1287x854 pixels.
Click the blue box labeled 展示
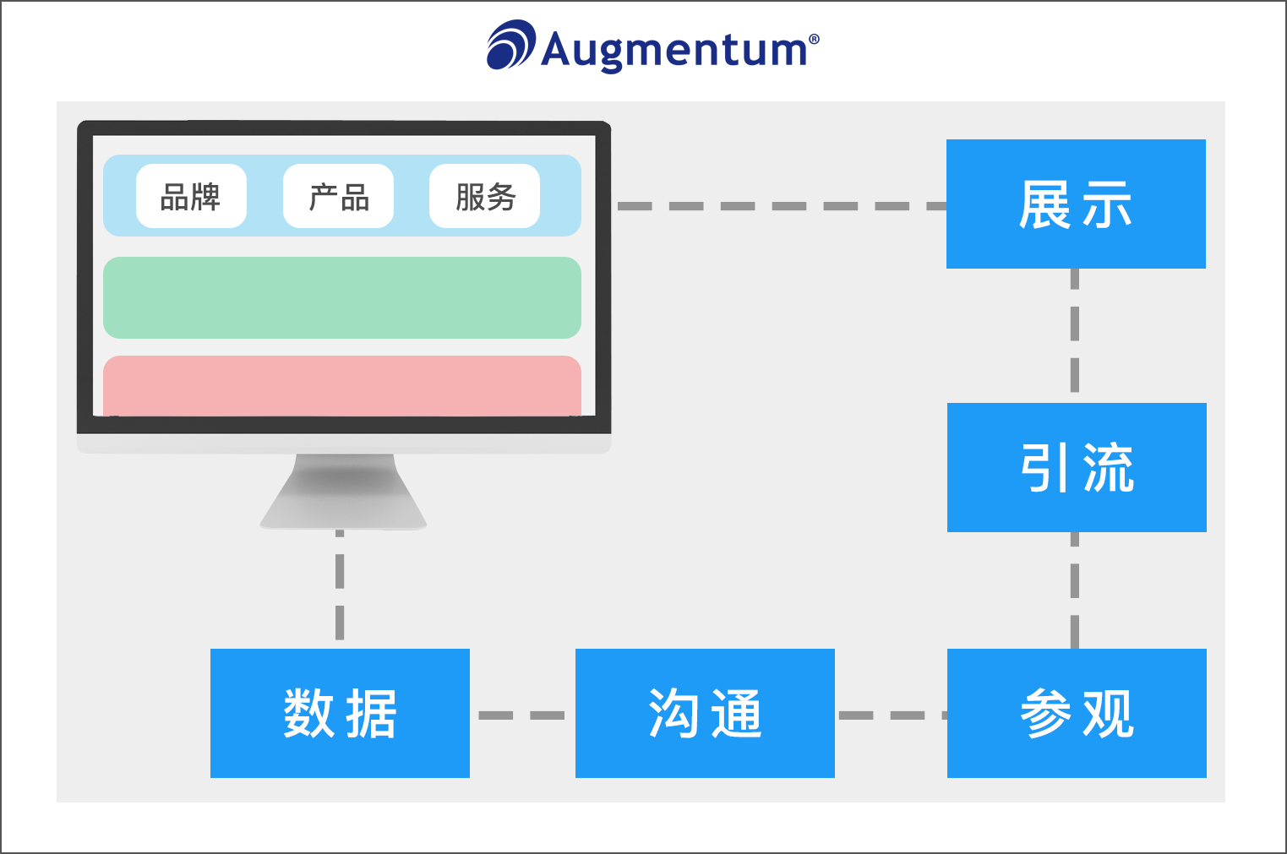click(1076, 204)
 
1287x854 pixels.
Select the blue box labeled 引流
click(1077, 467)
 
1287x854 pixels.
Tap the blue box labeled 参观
click(1077, 713)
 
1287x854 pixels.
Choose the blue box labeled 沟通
click(705, 713)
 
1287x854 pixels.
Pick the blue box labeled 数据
click(340, 713)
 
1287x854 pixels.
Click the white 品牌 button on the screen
click(191, 197)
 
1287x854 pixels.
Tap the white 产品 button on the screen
click(338, 197)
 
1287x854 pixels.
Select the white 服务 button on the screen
click(484, 197)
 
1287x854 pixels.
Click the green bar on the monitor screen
click(342, 297)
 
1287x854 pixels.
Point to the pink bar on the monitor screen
click(342, 386)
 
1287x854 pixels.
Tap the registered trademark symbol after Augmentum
click(814, 39)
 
